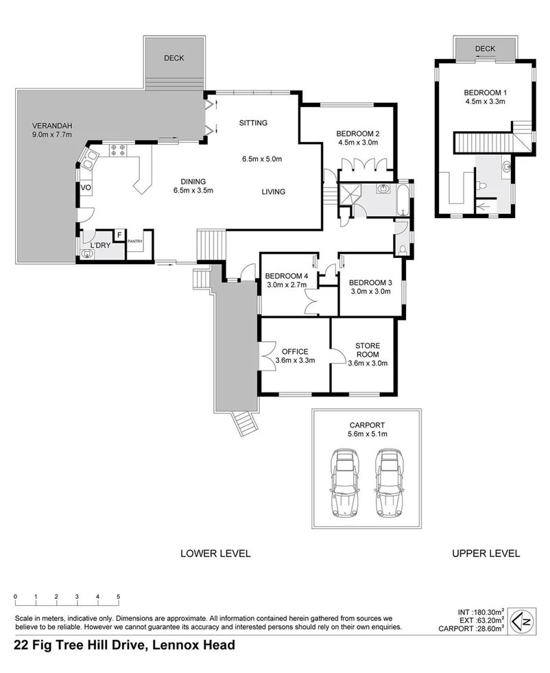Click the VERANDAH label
[53, 126]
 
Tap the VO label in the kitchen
[86, 188]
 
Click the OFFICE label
[291, 351]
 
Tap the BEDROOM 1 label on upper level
[484, 94]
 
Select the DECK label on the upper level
[484, 49]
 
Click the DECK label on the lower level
[174, 59]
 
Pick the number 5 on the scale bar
[118, 595]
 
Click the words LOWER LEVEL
[215, 553]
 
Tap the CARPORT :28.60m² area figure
[480, 627]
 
